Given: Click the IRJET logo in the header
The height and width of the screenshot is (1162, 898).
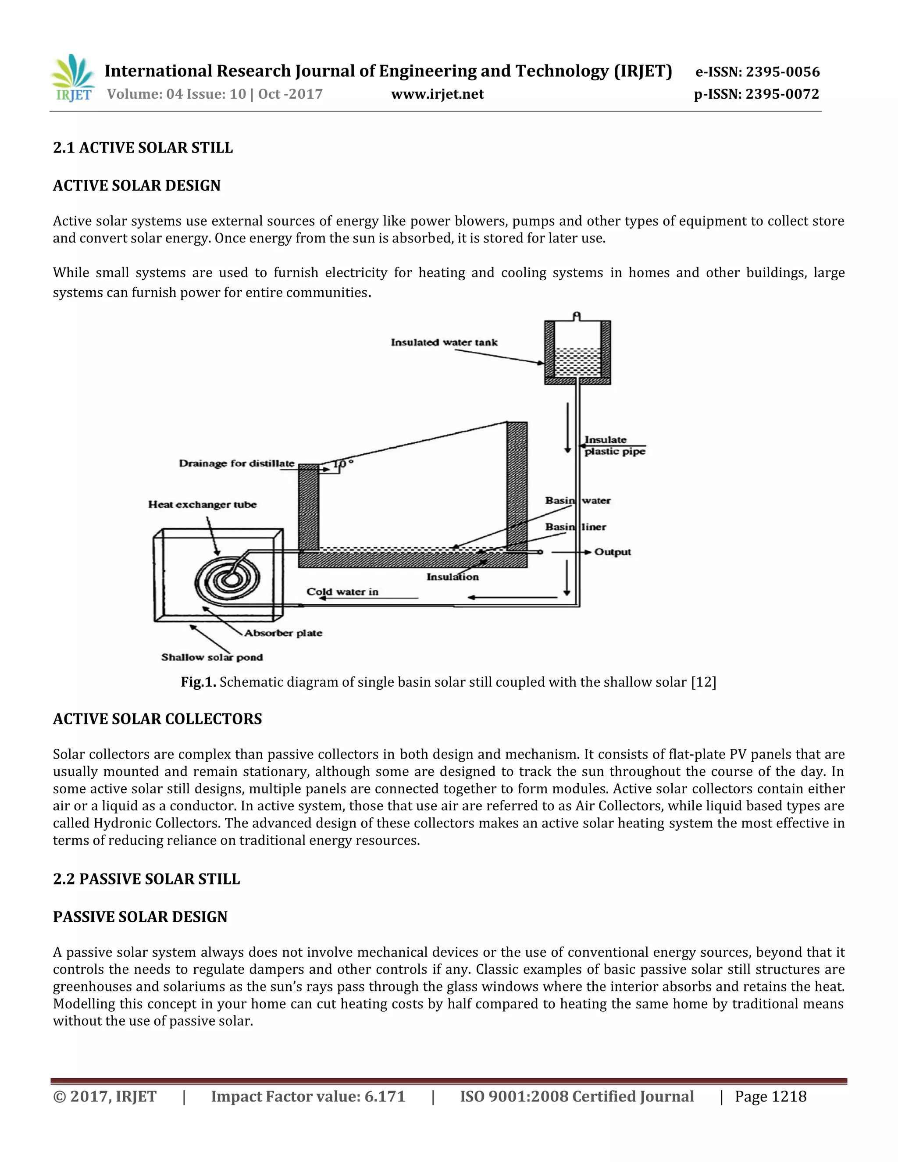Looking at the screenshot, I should point(73,78).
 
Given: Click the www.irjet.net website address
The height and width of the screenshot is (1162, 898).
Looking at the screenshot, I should point(437,94).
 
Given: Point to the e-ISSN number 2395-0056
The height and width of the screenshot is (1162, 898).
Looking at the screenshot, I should point(758,72).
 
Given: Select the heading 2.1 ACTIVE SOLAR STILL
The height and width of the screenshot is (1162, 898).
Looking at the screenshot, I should point(143,147).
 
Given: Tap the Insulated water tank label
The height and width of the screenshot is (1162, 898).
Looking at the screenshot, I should point(444,342).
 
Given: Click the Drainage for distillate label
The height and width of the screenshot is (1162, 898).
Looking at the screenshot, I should point(236,463).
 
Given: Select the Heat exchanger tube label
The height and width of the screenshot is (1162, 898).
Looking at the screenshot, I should point(202,504).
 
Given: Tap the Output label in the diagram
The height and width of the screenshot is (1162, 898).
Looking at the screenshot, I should point(612,552).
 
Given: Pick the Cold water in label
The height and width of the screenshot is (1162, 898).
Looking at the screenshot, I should point(342,592).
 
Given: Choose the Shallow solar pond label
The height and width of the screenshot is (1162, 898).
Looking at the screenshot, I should point(212,657).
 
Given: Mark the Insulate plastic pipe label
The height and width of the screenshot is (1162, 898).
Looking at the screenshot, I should point(614,446).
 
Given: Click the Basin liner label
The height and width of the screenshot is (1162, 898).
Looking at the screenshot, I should point(575,527).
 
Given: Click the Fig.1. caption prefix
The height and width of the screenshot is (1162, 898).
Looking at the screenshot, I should point(198,682).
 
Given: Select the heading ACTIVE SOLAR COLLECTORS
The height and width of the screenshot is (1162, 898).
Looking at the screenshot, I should point(157,719).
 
